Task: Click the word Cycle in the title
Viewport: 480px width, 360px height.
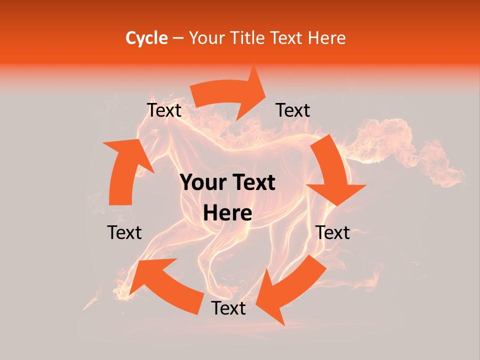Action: click(x=146, y=38)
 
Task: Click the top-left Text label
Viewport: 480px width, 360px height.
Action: click(x=164, y=110)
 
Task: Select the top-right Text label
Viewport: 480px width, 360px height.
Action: click(x=293, y=110)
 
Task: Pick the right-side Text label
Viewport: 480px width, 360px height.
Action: click(x=332, y=232)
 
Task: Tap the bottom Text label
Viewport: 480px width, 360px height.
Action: click(x=228, y=308)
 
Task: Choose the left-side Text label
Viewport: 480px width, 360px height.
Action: click(x=124, y=232)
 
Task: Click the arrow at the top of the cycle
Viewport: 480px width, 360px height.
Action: click(x=230, y=95)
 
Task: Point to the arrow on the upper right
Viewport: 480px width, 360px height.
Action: click(x=332, y=170)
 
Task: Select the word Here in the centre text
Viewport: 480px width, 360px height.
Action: click(x=227, y=213)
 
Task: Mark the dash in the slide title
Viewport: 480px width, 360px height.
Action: click(x=178, y=38)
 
